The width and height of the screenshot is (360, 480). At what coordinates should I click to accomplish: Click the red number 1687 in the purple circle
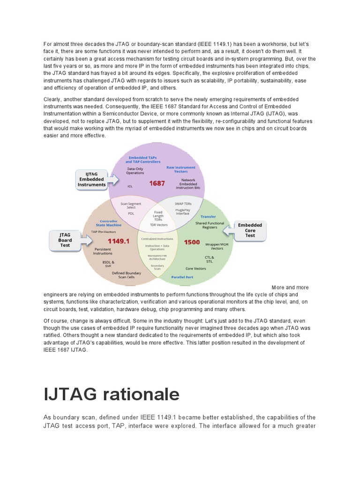(157, 183)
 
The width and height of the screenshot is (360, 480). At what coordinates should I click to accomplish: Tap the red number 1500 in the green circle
(192, 242)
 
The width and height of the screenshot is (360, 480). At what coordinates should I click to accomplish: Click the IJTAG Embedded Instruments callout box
(91, 179)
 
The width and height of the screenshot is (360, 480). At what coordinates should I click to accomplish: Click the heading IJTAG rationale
(112, 394)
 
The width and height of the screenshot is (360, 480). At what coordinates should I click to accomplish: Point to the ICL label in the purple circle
(130, 186)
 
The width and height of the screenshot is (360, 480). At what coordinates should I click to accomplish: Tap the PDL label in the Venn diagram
(131, 213)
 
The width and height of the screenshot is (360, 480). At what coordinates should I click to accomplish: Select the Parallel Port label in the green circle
(182, 277)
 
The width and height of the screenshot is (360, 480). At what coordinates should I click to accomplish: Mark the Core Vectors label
(195, 269)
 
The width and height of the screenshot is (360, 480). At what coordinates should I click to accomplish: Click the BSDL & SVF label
(109, 263)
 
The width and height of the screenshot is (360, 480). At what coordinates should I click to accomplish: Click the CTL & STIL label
(209, 259)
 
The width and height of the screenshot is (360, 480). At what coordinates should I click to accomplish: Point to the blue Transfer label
(208, 217)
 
